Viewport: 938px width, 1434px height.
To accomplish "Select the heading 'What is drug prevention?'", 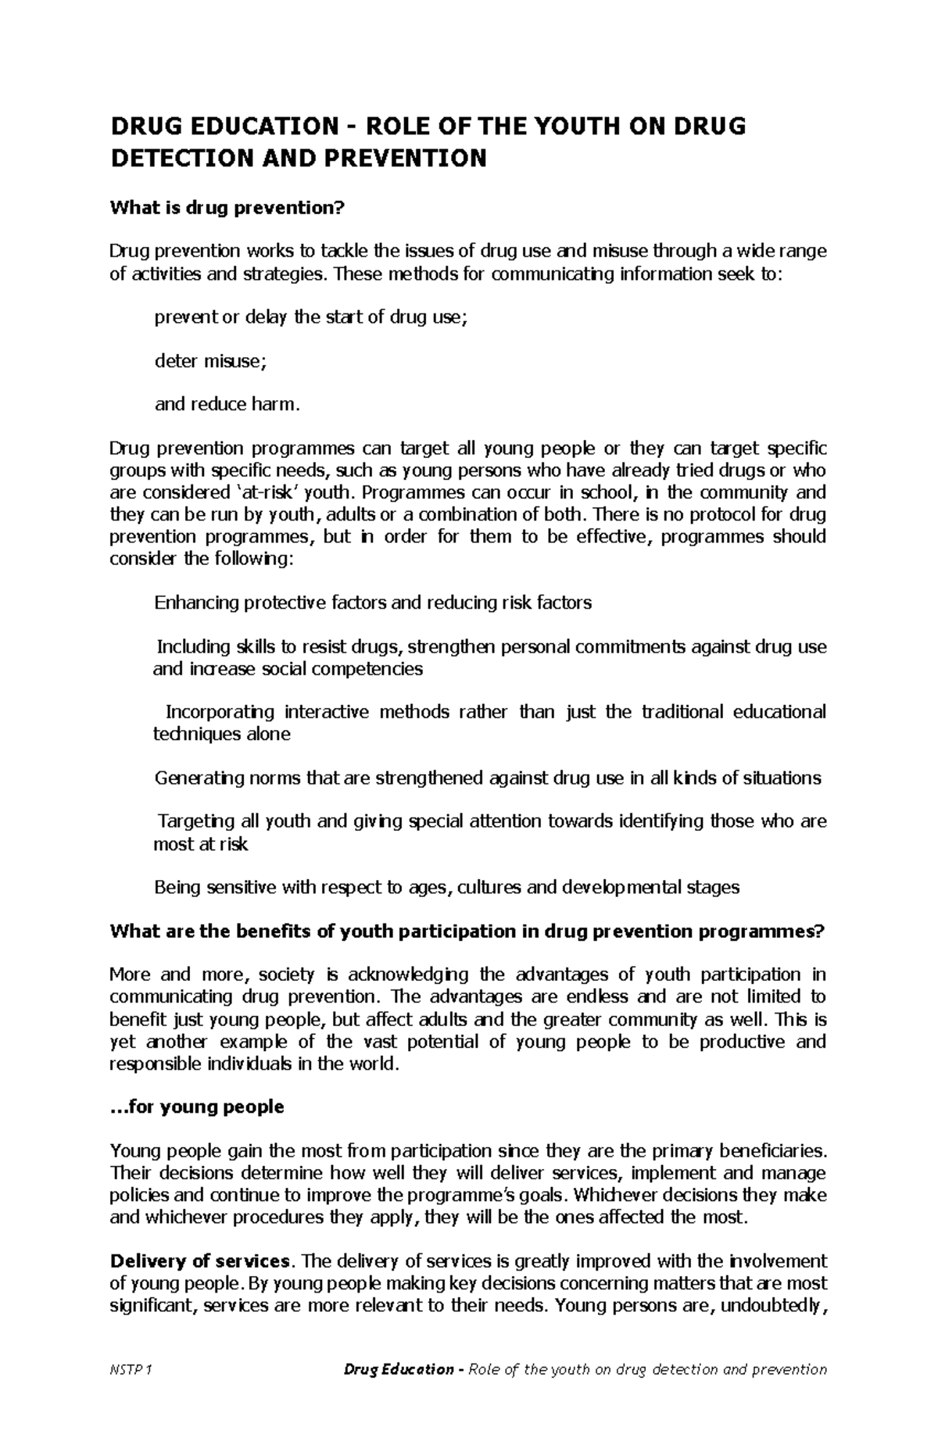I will click(227, 208).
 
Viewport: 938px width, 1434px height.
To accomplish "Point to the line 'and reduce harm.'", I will click(227, 404).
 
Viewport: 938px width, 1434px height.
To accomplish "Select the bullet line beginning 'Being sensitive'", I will click(446, 887).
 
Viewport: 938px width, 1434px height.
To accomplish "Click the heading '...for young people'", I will click(197, 1107).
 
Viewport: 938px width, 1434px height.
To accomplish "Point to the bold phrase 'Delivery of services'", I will click(200, 1261).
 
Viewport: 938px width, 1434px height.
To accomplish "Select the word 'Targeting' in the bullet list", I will click(195, 821).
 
